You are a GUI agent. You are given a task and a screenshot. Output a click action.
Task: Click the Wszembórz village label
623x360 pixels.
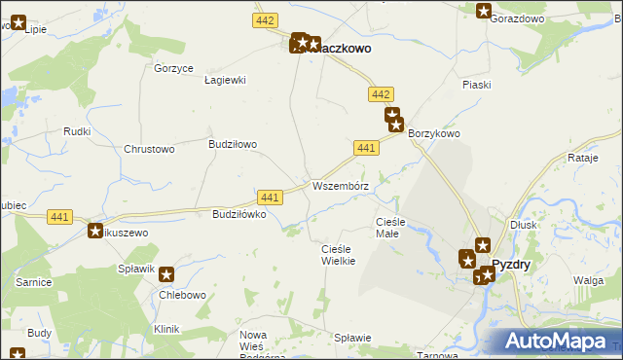coord(340,186)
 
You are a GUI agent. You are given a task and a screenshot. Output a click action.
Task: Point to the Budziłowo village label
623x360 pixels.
coord(233,144)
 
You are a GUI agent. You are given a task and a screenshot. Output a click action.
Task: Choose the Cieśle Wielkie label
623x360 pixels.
coord(337,255)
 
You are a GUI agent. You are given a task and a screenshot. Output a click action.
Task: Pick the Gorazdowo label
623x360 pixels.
coord(516,18)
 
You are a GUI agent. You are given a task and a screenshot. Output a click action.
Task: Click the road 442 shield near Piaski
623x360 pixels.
coord(381,93)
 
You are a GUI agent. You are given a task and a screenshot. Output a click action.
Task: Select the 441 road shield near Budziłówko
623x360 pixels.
coord(271,197)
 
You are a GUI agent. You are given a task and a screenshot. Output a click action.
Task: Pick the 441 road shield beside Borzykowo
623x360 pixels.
coord(366,147)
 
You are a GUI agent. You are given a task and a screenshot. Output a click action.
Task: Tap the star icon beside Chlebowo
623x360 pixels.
coord(165,275)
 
